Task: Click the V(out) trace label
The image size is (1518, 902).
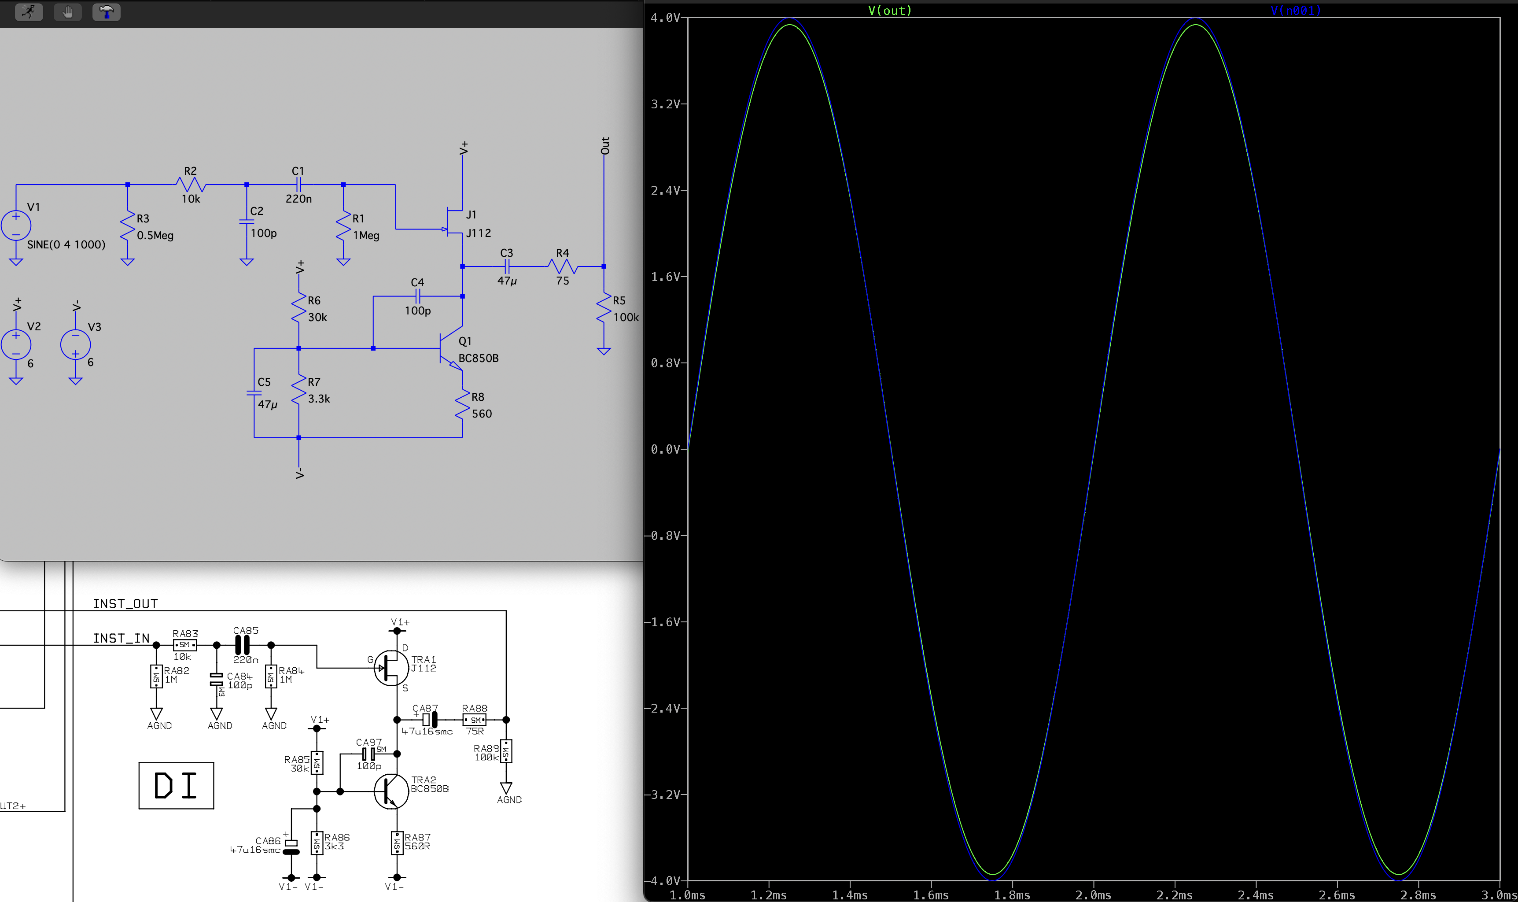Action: tap(889, 10)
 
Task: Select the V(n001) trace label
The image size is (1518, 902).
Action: tap(1295, 10)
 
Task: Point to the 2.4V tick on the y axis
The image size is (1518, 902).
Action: tap(666, 190)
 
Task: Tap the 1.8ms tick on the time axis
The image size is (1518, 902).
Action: tap(1012, 895)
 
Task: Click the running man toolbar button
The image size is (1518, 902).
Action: tap(29, 11)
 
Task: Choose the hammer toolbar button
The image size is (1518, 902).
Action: tap(106, 11)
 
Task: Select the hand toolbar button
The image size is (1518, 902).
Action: tap(67, 11)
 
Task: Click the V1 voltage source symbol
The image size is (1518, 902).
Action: tap(16, 225)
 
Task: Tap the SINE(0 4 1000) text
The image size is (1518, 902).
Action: tap(66, 244)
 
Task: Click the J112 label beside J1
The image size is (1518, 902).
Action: tap(479, 233)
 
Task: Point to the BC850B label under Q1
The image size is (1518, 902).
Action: tap(479, 358)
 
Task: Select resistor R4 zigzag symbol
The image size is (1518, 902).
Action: tap(563, 266)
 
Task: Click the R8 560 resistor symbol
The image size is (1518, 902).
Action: tap(462, 405)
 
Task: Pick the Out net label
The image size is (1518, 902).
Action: tap(605, 146)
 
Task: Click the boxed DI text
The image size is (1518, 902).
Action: tap(176, 785)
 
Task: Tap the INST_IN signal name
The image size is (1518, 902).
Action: tap(121, 638)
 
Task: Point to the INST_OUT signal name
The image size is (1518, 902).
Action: tap(125, 603)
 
